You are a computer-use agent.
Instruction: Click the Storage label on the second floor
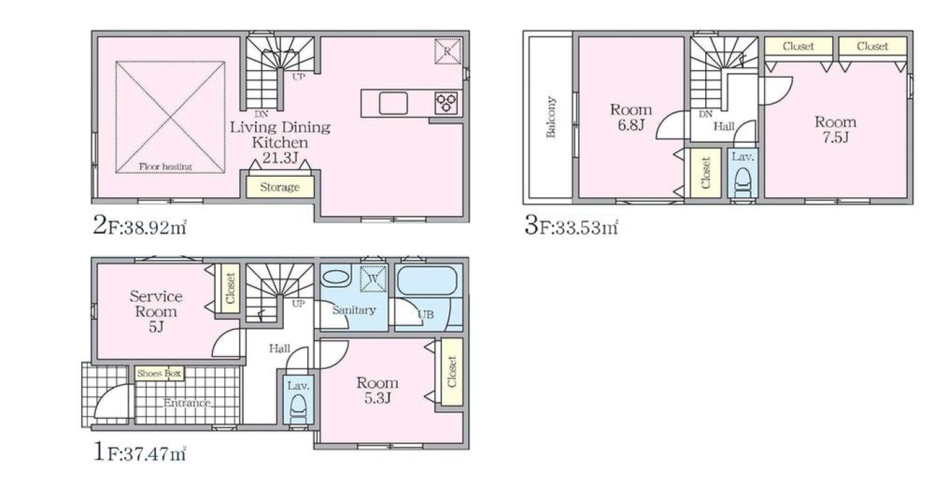(280, 187)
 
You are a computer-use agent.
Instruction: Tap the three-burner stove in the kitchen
(446, 103)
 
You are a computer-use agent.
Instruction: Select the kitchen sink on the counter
(393, 103)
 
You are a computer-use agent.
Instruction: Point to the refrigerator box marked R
(447, 52)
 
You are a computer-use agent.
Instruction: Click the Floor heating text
(166, 166)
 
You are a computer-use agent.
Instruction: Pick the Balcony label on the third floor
(551, 117)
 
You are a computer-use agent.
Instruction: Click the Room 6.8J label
(631, 118)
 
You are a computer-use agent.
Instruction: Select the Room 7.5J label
(835, 129)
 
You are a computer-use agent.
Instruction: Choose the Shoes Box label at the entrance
(159, 373)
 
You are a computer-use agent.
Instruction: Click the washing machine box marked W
(373, 278)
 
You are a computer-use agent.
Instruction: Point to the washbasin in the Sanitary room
(336, 278)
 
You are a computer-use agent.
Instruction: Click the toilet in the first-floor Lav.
(298, 409)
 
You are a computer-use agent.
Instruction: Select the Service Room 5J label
(155, 311)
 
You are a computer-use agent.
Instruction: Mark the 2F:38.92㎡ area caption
(140, 227)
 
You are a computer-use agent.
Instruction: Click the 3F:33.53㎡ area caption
(571, 227)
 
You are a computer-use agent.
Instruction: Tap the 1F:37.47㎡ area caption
(140, 452)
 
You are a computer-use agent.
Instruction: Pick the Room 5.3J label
(377, 390)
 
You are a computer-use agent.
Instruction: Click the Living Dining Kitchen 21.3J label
(280, 142)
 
